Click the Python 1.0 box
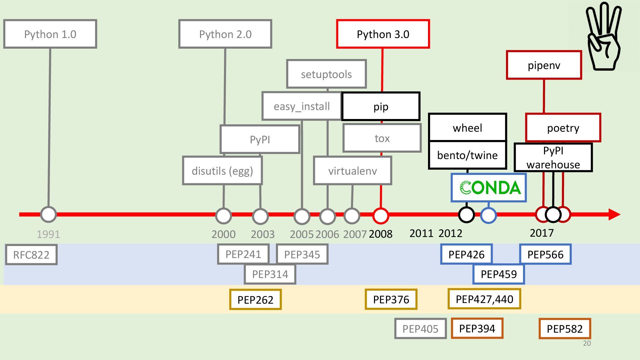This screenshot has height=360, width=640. point(50,34)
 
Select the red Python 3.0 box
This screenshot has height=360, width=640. point(383,34)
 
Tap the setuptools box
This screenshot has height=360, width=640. point(326,74)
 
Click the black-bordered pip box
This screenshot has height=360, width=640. point(381,106)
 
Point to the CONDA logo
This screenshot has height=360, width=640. point(489,188)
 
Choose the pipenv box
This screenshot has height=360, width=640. point(544,65)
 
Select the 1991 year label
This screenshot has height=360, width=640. point(48,234)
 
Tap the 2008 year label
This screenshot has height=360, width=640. point(380,234)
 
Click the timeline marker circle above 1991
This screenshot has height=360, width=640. point(48,214)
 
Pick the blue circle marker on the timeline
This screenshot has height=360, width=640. point(488,215)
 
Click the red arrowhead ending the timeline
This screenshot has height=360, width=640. point(614,214)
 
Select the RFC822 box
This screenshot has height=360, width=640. point(31,255)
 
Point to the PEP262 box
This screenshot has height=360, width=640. point(255,299)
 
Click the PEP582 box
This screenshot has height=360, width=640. point(565,329)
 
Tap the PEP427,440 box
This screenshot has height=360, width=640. point(484,299)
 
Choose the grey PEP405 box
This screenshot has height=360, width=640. point(420,329)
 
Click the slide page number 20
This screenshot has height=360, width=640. point(587,343)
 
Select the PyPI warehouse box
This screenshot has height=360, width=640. point(553,158)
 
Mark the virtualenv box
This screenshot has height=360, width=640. point(352,171)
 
